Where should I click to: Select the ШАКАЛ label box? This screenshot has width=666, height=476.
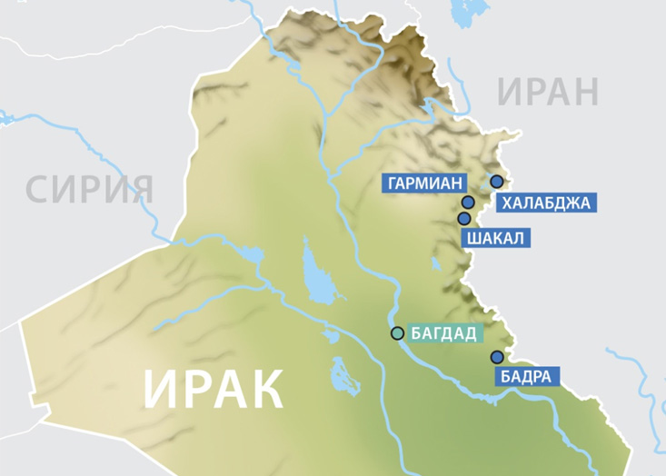point(495,239)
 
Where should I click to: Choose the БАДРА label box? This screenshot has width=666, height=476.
point(525,376)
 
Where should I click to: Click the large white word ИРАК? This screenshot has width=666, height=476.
point(214,389)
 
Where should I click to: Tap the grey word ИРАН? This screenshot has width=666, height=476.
point(549,93)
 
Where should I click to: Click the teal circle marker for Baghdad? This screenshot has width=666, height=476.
point(397,333)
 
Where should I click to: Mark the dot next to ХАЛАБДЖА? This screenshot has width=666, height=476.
point(496,182)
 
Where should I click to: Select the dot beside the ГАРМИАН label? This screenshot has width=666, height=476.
point(468,203)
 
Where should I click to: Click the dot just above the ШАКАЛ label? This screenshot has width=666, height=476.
point(464,218)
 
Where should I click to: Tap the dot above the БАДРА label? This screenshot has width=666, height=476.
point(496,357)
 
